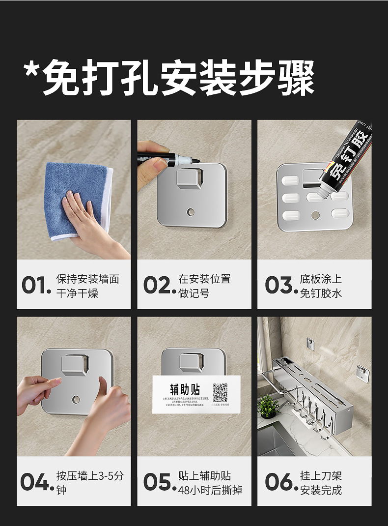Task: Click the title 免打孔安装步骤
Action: tap(169, 78)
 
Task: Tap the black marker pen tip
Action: tap(195, 160)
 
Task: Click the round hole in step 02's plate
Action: tap(191, 212)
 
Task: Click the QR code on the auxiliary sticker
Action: tap(220, 393)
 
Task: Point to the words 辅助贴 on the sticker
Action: tap(182, 390)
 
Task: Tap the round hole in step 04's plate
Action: tap(76, 400)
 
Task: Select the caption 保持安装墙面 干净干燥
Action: tap(87, 286)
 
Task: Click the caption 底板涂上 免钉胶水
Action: tap(321, 286)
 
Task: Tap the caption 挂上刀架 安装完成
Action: tap(321, 483)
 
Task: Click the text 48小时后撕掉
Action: tap(210, 490)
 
